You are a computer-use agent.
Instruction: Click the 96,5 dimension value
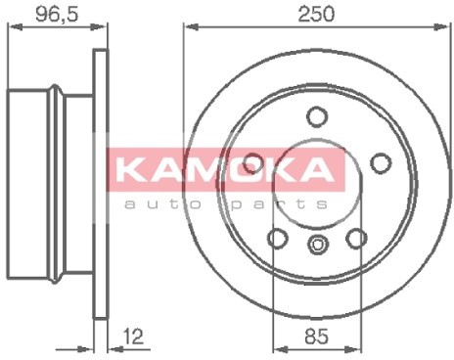[57, 14]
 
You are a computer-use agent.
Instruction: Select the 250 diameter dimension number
[316, 14]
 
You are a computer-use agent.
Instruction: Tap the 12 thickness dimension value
[133, 337]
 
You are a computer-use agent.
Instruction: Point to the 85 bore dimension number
[316, 337]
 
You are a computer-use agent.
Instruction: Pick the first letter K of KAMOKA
[131, 169]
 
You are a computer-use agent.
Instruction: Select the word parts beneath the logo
[278, 204]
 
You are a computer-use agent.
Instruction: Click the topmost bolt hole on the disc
[317, 116]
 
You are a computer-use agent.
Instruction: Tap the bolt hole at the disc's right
[381, 163]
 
